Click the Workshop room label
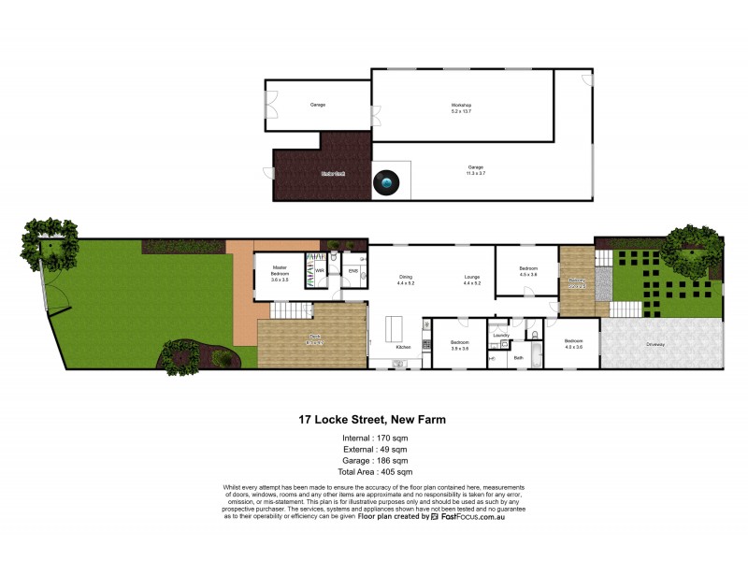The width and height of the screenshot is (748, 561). [461, 105]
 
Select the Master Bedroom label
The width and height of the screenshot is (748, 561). [280, 269]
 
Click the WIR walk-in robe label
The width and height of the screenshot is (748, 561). [320, 271]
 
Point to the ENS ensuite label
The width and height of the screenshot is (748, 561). [353, 271]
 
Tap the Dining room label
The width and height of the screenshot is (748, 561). [406, 277]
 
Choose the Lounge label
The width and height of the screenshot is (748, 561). [471, 277]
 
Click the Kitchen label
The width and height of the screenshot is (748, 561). [403, 347]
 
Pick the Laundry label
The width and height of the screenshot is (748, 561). [500, 334]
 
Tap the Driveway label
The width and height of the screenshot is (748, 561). [655, 344]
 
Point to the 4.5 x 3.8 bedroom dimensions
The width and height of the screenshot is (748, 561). [529, 274]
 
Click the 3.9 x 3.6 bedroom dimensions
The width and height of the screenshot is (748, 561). [459, 348]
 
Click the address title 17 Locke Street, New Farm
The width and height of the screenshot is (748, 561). [372, 420]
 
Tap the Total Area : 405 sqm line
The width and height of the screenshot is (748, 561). [372, 472]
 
